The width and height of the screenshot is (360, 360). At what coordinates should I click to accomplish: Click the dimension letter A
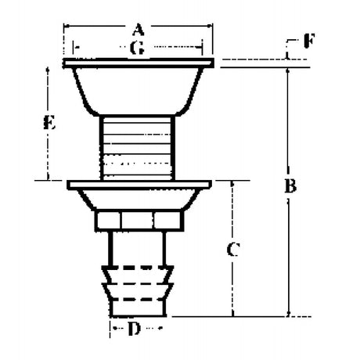tap(139, 29)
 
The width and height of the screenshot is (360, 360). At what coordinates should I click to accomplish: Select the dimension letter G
tap(137, 48)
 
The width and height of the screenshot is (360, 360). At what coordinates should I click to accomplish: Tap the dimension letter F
tap(309, 41)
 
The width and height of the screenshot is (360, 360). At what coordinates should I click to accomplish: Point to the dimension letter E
tap(49, 123)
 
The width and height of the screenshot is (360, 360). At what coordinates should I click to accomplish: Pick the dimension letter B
tap(290, 185)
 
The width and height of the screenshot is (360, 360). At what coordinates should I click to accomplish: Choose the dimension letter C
tap(232, 250)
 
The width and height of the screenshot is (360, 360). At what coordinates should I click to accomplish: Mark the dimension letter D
tap(134, 329)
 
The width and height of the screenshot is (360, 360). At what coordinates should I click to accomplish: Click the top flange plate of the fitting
tap(139, 63)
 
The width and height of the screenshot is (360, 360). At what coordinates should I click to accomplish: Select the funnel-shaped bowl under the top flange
tap(138, 91)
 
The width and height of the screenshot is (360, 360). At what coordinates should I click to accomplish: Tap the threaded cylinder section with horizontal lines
tap(137, 148)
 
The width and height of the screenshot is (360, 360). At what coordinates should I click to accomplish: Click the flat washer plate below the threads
tap(139, 185)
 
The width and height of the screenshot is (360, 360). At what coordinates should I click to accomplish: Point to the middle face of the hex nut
tap(137, 221)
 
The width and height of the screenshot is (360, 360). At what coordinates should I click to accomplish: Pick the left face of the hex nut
tap(108, 221)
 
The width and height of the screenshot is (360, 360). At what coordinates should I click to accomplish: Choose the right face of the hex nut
tap(168, 221)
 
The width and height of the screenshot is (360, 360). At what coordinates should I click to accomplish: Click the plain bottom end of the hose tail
tap(138, 308)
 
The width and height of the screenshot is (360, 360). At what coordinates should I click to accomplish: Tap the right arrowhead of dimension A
tap(210, 26)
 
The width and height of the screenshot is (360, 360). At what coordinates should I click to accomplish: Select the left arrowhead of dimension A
tap(67, 26)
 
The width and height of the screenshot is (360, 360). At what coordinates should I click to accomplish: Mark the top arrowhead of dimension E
tap(48, 70)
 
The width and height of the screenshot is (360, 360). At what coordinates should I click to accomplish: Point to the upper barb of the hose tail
tap(138, 275)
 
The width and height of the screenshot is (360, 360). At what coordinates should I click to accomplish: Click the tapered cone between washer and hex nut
tap(139, 200)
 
